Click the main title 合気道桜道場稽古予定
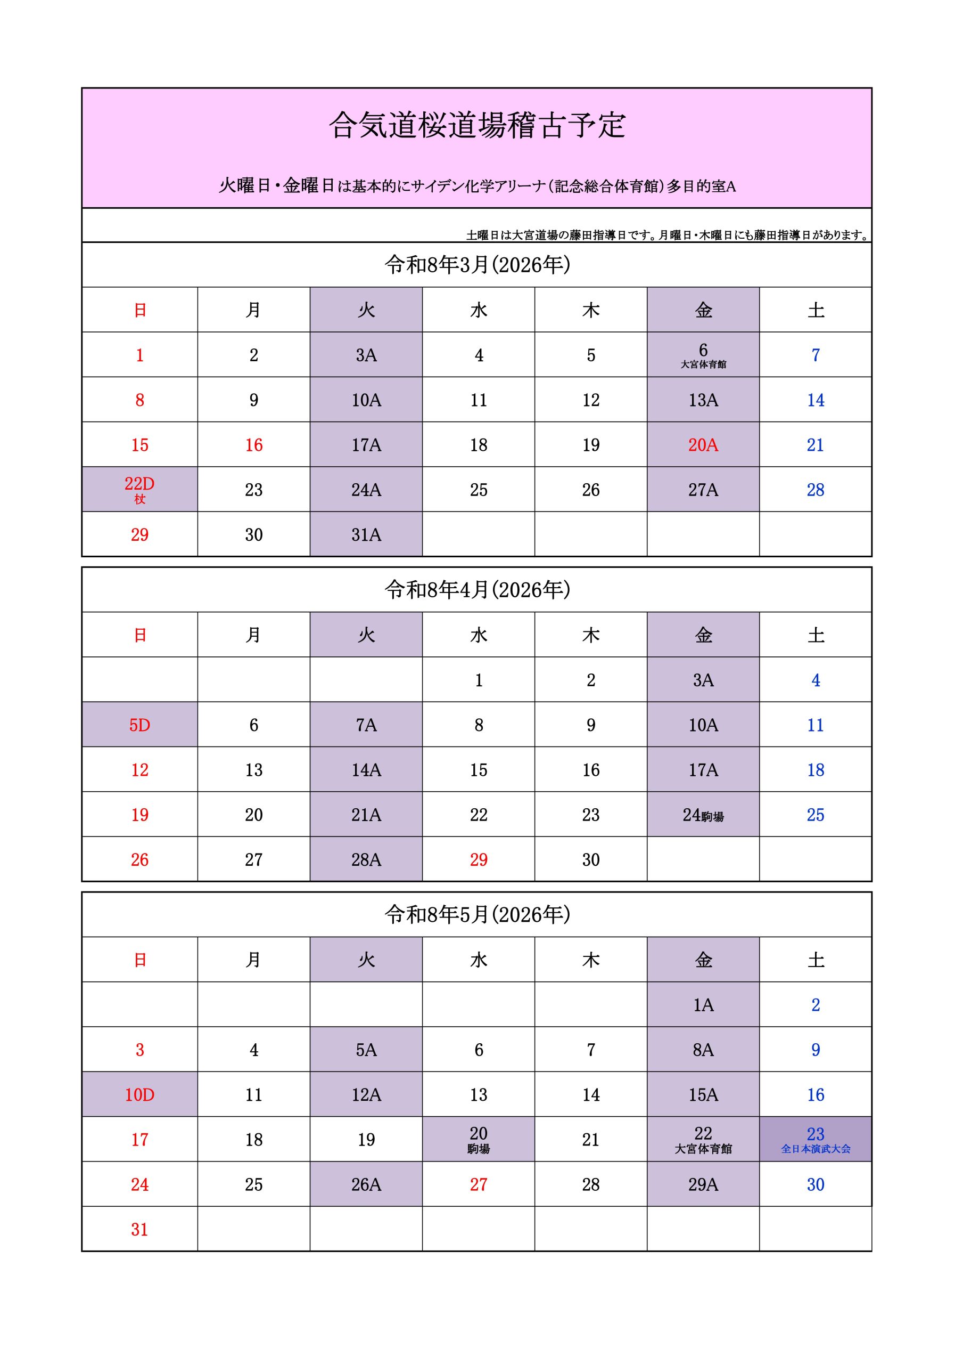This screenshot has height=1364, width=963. tap(478, 125)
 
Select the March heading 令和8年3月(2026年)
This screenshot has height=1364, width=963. tap(478, 264)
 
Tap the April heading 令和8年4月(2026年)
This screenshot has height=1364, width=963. tap(478, 589)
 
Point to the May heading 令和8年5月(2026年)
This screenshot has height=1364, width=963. tap(478, 914)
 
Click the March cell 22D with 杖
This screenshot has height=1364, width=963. tap(139, 489)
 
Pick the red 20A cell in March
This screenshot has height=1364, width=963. tap(703, 444)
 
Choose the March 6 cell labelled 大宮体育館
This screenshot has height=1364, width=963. tap(703, 355)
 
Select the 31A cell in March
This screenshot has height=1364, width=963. tap(366, 534)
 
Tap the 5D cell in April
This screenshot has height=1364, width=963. tap(139, 725)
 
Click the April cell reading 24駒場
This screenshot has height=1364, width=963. tap(703, 815)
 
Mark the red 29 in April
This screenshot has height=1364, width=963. tap(479, 859)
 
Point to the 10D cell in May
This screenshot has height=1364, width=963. tap(139, 1094)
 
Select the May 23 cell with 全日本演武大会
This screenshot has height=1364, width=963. tap(815, 1140)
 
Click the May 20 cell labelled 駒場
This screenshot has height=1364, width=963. tap(479, 1140)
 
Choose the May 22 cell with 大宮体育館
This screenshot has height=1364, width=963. tap(703, 1140)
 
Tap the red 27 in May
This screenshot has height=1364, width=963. tap(479, 1184)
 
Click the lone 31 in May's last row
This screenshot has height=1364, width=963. tap(139, 1229)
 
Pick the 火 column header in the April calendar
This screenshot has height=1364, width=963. tap(366, 635)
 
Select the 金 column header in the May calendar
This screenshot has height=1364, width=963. tap(703, 960)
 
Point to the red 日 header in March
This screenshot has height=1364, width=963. tap(139, 310)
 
